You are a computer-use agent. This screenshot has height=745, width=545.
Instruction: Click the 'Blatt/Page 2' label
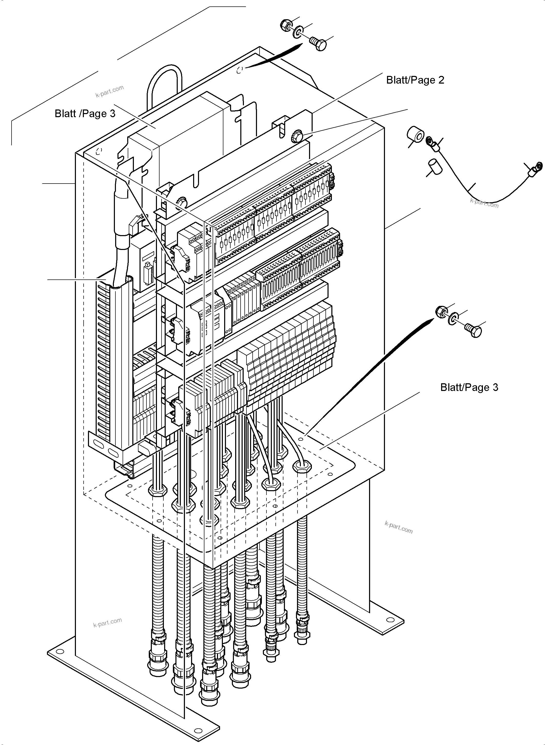coord(415,80)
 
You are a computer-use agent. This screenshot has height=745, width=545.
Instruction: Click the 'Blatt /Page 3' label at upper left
coord(85,114)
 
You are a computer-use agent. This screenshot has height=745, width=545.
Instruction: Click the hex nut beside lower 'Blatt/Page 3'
coord(441,312)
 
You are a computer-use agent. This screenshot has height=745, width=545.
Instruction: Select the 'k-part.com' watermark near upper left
coord(110,91)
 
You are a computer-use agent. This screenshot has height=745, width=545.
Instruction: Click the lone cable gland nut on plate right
coord(302,466)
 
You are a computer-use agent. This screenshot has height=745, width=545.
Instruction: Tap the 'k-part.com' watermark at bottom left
coord(107,623)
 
